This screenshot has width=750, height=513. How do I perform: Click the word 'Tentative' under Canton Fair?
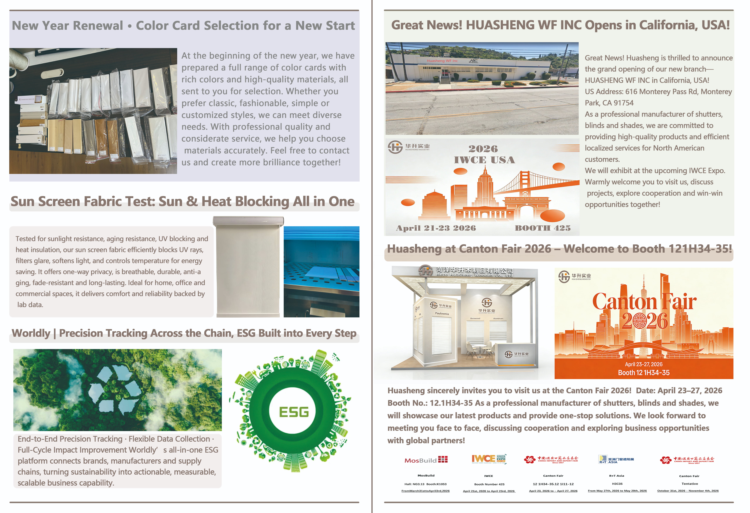click(690, 484)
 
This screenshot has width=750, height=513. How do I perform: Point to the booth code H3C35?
click(617, 484)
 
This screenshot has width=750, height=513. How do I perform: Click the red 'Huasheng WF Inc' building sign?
click(442, 61)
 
